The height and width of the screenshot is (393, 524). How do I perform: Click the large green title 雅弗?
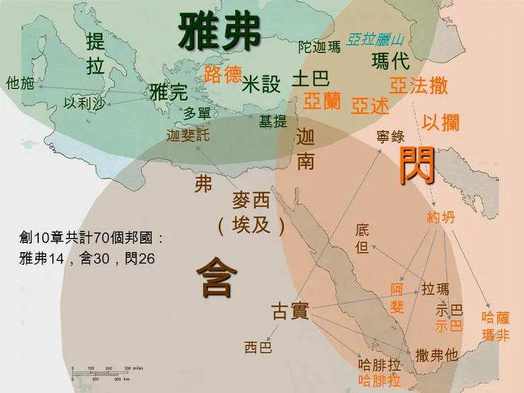click(220, 33)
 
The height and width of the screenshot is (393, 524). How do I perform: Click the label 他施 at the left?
click(20, 84)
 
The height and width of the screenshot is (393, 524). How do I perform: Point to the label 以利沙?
click(84, 103)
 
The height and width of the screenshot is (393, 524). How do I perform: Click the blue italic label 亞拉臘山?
click(375, 40)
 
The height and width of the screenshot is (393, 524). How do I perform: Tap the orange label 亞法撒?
click(418, 86)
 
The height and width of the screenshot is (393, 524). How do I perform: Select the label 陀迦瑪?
click(319, 47)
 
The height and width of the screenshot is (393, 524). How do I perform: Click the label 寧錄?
click(390, 135)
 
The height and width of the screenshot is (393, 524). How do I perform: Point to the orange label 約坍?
click(441, 217)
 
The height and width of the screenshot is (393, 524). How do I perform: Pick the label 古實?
click(290, 311)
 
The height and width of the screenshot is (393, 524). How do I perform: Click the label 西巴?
click(258, 348)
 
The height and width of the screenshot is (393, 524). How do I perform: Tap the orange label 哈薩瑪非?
click(495, 326)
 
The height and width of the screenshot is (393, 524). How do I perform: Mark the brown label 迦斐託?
click(188, 135)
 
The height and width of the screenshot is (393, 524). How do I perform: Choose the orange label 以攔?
click(441, 123)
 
